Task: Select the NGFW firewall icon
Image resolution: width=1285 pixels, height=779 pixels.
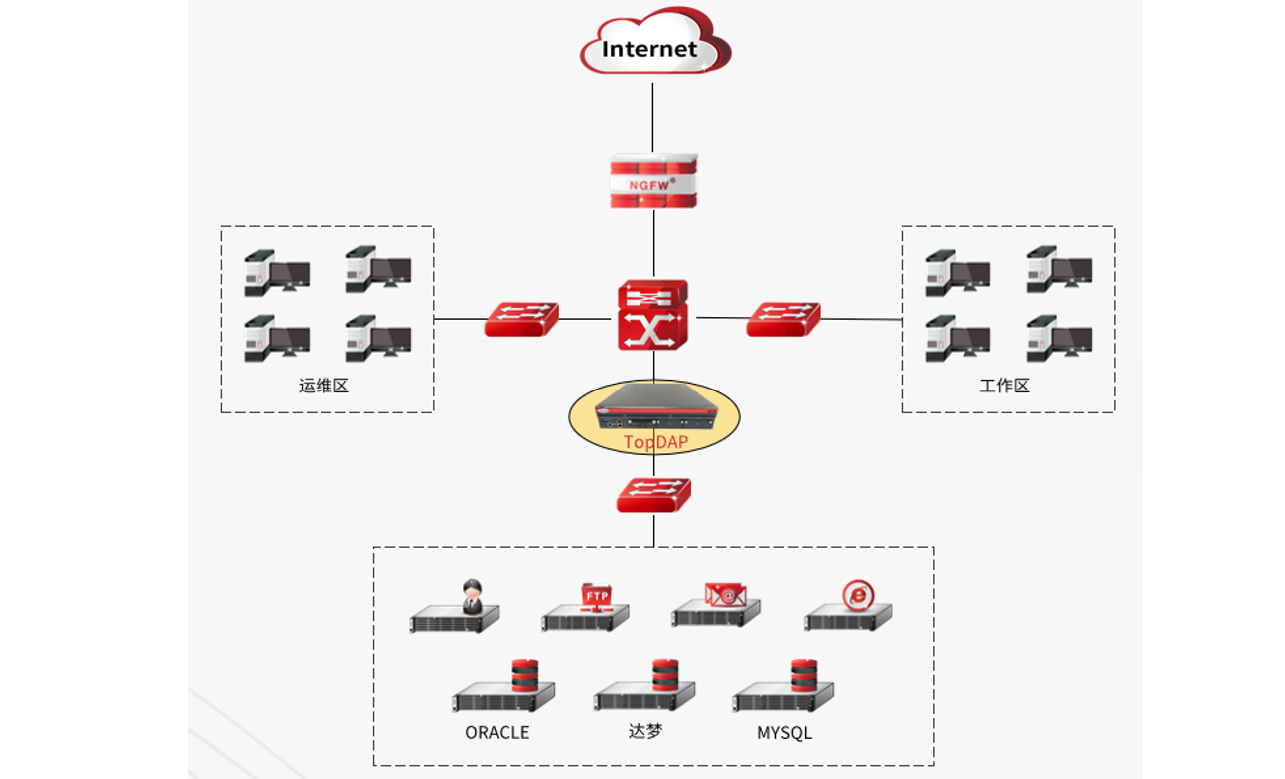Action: click(653, 181)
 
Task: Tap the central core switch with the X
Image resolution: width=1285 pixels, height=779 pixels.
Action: click(653, 314)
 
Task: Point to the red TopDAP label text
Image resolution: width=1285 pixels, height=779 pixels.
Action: click(655, 442)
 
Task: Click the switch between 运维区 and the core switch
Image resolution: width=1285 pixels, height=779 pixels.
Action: click(521, 319)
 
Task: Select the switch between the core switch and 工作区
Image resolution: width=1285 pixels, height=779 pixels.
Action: click(783, 319)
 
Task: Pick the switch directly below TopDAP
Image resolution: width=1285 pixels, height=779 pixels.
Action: click(653, 495)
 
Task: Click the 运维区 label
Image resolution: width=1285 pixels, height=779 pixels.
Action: click(323, 386)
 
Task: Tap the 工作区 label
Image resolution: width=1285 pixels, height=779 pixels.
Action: click(1004, 386)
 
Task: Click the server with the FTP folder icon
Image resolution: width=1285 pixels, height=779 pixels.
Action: click(586, 610)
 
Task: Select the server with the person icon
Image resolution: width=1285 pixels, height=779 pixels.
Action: click(455, 610)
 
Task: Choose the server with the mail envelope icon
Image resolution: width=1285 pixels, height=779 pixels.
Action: click(716, 606)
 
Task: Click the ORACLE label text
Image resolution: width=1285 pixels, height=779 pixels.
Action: click(497, 733)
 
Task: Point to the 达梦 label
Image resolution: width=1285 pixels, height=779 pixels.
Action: click(645, 731)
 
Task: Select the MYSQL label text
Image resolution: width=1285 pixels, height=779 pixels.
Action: click(784, 733)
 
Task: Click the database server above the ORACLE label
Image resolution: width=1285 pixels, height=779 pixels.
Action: click(503, 689)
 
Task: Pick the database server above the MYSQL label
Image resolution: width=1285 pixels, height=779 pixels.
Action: click(783, 688)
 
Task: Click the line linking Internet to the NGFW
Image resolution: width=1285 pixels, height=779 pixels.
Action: click(653, 115)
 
